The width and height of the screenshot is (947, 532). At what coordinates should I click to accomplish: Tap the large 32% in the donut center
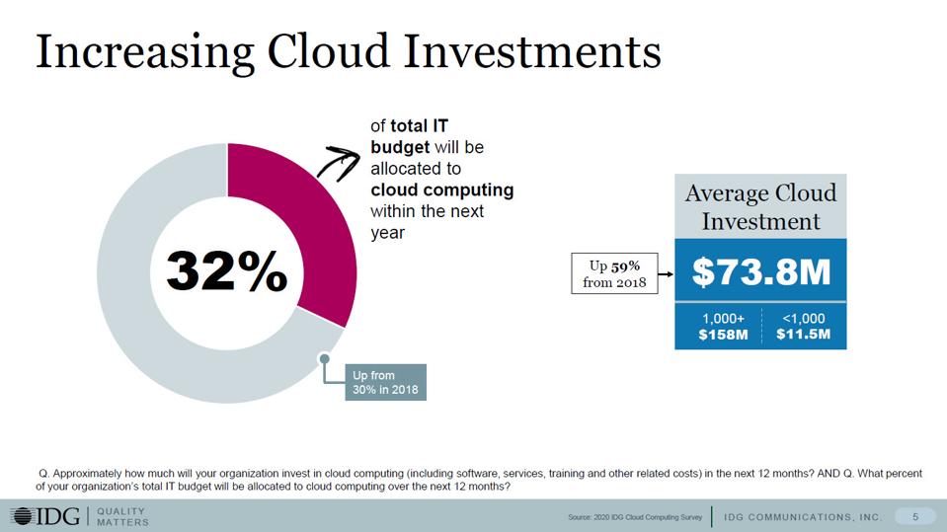[x=226, y=270]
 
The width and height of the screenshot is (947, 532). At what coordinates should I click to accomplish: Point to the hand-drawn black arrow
[x=337, y=162]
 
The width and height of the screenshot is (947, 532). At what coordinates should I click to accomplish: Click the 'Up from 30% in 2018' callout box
[x=384, y=382]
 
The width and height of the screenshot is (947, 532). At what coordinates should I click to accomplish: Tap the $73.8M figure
[x=760, y=271]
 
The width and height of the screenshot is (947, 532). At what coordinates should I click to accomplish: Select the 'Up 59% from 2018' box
[x=614, y=273]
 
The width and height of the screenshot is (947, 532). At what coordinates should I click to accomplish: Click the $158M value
[x=723, y=335]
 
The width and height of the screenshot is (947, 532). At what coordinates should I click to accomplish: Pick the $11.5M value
[x=803, y=335]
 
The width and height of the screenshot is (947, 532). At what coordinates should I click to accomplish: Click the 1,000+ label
[x=723, y=319]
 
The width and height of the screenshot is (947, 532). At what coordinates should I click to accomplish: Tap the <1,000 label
[x=803, y=319]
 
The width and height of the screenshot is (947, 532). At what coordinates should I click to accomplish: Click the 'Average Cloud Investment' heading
[x=760, y=206]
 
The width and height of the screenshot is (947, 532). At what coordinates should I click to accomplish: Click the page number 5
[x=915, y=516]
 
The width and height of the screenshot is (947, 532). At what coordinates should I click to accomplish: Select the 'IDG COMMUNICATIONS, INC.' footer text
[x=802, y=517]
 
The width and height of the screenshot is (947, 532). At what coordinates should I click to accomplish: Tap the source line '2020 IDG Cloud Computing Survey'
[x=636, y=517]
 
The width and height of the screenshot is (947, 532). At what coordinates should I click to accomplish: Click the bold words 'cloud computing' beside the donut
[x=441, y=189]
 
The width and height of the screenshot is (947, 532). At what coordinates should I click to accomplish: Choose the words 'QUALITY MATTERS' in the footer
[x=122, y=516]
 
